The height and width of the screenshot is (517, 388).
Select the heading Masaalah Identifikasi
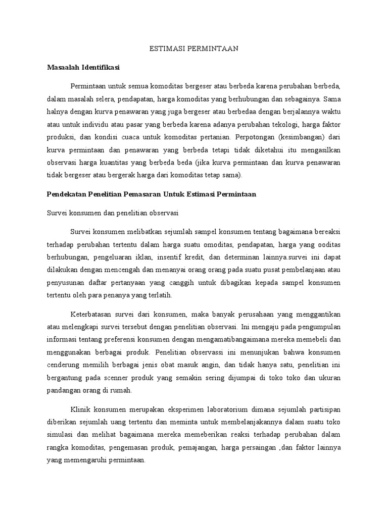click(83, 66)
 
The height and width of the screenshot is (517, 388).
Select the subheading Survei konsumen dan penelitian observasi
click(110, 213)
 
